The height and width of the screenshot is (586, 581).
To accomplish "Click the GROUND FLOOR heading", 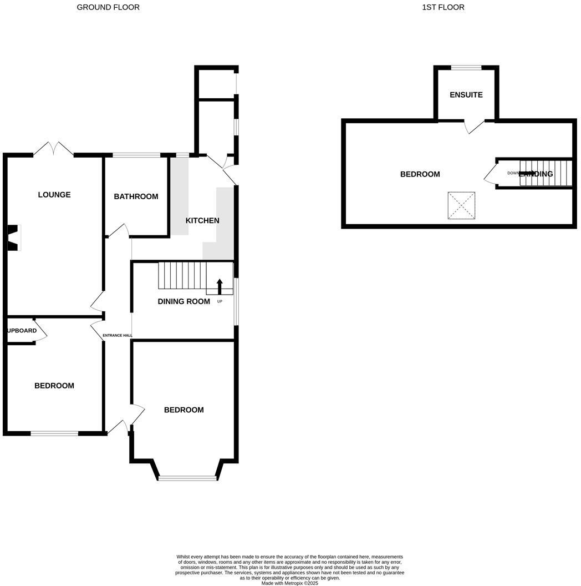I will click(x=108, y=7).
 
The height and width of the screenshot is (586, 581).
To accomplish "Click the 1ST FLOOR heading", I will click(x=443, y=7).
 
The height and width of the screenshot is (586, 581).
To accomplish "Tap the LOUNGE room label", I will click(x=54, y=195).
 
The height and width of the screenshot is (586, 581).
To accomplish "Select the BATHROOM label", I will click(x=136, y=196).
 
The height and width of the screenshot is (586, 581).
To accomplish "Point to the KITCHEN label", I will click(x=202, y=220).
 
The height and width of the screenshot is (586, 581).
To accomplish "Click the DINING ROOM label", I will click(x=184, y=301).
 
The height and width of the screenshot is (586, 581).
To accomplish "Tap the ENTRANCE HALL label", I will click(x=118, y=335).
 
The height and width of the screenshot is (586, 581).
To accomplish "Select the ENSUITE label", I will click(x=466, y=95).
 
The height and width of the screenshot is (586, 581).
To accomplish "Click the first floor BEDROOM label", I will click(x=420, y=174).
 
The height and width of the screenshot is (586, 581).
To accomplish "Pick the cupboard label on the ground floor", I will click(x=22, y=331).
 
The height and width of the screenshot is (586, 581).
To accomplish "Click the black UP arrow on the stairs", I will click(x=220, y=286).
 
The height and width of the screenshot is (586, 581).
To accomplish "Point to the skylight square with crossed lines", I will click(x=461, y=206).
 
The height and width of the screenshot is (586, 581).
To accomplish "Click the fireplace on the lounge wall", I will click(x=13, y=238).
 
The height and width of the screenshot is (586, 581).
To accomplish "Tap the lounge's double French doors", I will click(x=54, y=149).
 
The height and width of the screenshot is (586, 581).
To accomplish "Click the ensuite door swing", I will click(x=473, y=127).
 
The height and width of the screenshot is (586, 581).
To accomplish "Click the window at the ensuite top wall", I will click(x=466, y=68).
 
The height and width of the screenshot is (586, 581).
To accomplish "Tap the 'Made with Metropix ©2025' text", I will click(x=290, y=583).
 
